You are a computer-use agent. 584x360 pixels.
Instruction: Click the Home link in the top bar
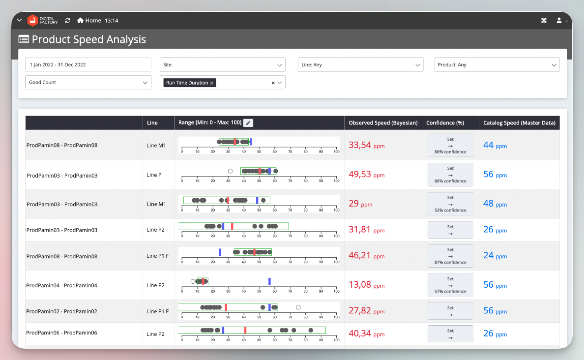[x=89, y=21]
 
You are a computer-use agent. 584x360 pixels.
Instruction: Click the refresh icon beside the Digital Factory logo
[x=67, y=21]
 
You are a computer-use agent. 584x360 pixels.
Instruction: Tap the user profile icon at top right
[x=559, y=21]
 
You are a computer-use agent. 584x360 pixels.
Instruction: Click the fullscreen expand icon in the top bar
[x=544, y=21]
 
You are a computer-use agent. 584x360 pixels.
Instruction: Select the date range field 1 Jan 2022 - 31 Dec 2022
[x=88, y=65]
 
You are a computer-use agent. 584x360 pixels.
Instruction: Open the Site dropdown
[x=222, y=65]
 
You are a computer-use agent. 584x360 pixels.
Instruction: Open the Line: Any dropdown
[x=360, y=65]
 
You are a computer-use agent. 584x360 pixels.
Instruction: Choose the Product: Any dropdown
[x=496, y=65]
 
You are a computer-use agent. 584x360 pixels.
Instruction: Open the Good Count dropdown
[x=88, y=83]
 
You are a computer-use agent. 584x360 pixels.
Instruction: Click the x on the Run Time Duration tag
[x=212, y=83]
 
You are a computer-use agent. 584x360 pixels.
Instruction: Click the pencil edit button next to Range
[x=248, y=123]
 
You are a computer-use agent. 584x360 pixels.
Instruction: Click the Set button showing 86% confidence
[x=450, y=145]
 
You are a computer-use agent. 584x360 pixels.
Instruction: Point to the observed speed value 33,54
[x=360, y=145]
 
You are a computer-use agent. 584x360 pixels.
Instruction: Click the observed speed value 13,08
[x=360, y=285]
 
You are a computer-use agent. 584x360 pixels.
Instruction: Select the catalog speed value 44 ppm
[x=495, y=145]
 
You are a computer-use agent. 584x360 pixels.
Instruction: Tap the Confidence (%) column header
[x=445, y=123]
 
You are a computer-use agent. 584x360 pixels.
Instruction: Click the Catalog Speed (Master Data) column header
[x=519, y=123]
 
